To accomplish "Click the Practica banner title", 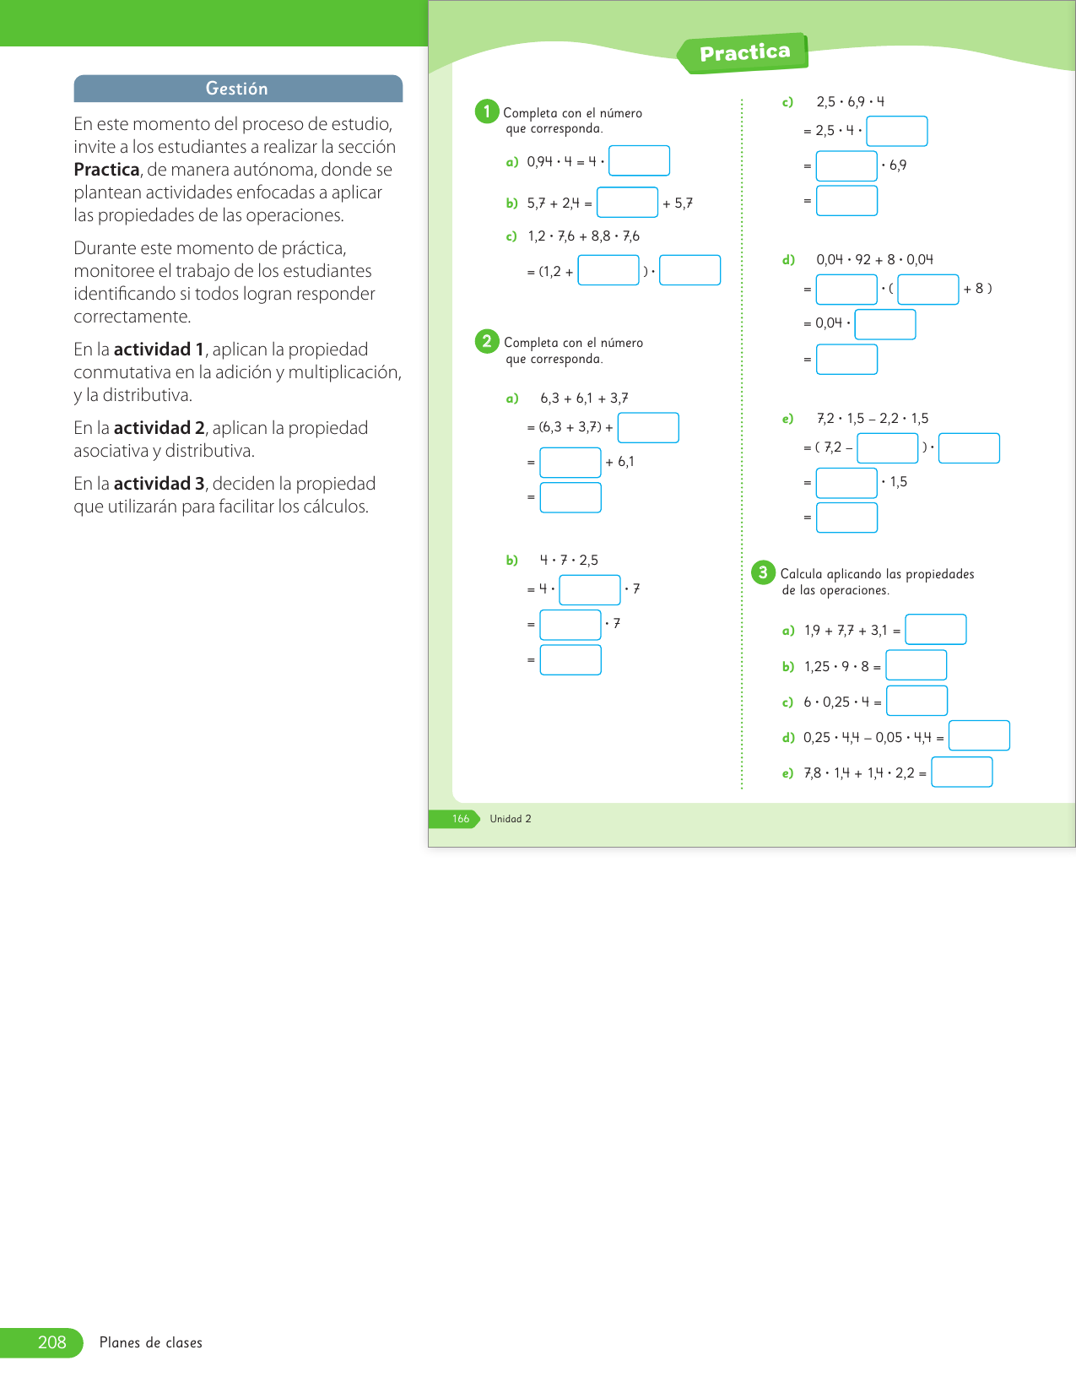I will click(744, 53).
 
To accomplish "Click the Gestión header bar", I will click(238, 89).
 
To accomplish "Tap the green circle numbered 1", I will click(487, 111).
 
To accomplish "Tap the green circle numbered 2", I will click(487, 341).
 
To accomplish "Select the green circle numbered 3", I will click(763, 572).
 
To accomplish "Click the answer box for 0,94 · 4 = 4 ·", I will click(639, 160).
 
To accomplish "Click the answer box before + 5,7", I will click(627, 203).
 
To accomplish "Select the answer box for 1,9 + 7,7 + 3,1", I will click(935, 630).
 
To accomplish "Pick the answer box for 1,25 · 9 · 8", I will click(916, 665).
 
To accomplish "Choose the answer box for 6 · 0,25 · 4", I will click(916, 701).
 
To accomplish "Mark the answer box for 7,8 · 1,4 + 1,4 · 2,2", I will click(961, 772).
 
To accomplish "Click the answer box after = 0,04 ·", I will click(884, 324).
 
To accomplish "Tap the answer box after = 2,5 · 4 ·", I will click(896, 131).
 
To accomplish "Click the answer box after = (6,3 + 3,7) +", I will click(648, 427).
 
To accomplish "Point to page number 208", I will click(51, 1342).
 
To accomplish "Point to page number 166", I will click(461, 819).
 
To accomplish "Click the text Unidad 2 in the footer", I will click(511, 819).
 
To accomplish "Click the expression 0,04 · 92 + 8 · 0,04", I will click(874, 260).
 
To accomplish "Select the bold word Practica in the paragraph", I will click(106, 170).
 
